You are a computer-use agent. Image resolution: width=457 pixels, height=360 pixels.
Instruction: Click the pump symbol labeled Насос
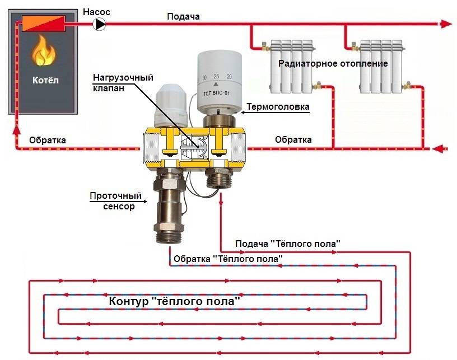(x=99, y=24)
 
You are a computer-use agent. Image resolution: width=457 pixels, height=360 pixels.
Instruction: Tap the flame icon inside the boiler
(x=44, y=50)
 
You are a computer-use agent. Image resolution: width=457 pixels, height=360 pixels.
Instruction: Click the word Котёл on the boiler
(x=45, y=80)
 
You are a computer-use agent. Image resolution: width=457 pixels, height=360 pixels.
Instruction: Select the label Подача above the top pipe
(x=183, y=16)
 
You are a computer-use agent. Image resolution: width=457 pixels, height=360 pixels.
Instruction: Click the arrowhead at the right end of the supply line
(x=446, y=24)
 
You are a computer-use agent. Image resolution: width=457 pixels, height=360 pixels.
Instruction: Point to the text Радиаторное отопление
(x=333, y=63)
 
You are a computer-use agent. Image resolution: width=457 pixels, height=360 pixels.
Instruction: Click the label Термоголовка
(x=278, y=107)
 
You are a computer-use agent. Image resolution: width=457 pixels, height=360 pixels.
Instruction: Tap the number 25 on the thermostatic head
(x=216, y=76)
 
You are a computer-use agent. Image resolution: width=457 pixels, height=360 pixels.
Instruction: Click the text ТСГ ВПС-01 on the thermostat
(x=217, y=93)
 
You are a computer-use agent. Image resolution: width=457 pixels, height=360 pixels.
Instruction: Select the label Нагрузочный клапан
(x=123, y=83)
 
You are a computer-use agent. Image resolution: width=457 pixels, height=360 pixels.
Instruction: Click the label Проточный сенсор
(x=116, y=201)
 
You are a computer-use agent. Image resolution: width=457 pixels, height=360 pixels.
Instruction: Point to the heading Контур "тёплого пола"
(x=175, y=301)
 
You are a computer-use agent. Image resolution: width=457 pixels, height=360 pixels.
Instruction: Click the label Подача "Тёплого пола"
(x=288, y=244)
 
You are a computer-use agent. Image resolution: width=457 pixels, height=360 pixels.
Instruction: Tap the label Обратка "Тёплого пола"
(x=228, y=259)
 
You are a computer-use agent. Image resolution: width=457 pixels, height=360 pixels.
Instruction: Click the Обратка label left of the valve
(x=48, y=140)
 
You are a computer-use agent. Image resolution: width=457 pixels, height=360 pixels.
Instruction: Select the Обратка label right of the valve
(x=293, y=139)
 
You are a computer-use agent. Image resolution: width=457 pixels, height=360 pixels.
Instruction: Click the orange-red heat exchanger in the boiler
(x=44, y=24)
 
